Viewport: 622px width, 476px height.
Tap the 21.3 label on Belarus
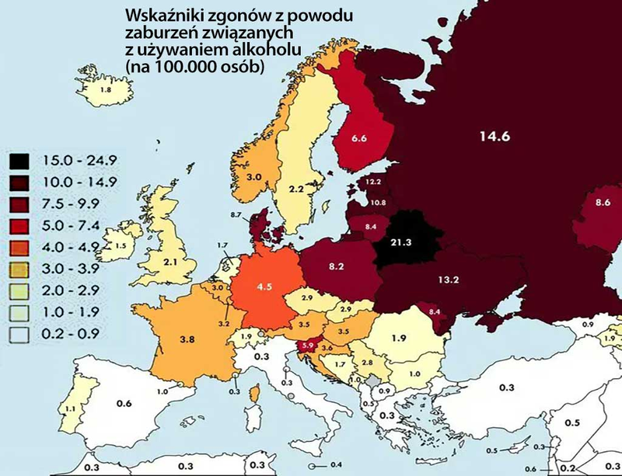pos(402,243)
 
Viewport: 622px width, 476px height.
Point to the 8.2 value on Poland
pos(337,266)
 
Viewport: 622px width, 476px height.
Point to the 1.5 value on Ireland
pos(120,245)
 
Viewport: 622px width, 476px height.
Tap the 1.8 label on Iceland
pos(107,91)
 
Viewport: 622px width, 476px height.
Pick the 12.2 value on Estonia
pos(373,182)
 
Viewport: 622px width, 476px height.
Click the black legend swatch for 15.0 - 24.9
pos(20,162)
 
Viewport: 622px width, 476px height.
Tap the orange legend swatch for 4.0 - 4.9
pos(20,249)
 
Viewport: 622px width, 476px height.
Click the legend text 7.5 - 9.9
pos(75,206)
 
